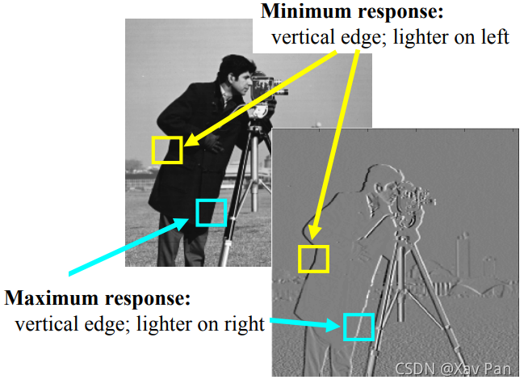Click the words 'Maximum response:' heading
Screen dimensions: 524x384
pyautogui.click(x=98, y=298)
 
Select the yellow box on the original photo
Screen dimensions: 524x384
pyautogui.click(x=167, y=150)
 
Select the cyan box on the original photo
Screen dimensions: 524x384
pyautogui.click(x=211, y=212)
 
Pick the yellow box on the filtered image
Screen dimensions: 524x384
pyautogui.click(x=313, y=259)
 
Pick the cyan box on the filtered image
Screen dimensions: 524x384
pyautogui.click(x=358, y=327)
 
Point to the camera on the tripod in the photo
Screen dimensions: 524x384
pyautogui.click(x=266, y=84)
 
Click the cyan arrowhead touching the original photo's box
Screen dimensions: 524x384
pyautogui.click(x=188, y=222)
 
